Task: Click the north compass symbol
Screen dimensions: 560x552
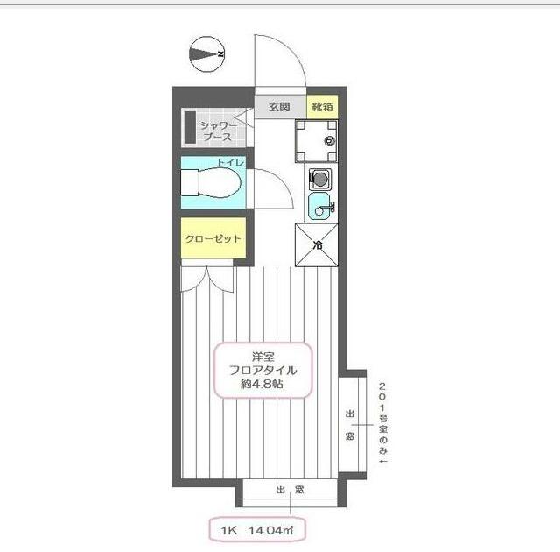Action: pos(206,54)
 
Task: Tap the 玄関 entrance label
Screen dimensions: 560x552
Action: pos(279,107)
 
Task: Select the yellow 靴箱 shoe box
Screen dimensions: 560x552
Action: pos(322,107)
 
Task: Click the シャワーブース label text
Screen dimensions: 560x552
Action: pos(218,131)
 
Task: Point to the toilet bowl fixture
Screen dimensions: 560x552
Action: pos(211,183)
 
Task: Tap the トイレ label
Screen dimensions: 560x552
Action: pos(231,163)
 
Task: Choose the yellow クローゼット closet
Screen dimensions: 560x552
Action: pos(213,237)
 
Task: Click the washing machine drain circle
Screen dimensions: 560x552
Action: pos(329,141)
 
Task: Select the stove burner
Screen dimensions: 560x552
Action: pos(320,178)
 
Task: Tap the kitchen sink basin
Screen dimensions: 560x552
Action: pos(321,207)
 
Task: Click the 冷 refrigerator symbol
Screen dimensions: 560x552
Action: pos(317,245)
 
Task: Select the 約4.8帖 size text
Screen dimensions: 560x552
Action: pos(262,385)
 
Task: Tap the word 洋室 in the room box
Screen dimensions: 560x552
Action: pos(263,357)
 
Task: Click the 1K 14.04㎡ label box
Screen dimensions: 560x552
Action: pos(257,529)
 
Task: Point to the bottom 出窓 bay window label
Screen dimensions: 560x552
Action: pos(290,490)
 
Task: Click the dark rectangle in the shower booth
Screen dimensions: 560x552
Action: pos(191,128)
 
